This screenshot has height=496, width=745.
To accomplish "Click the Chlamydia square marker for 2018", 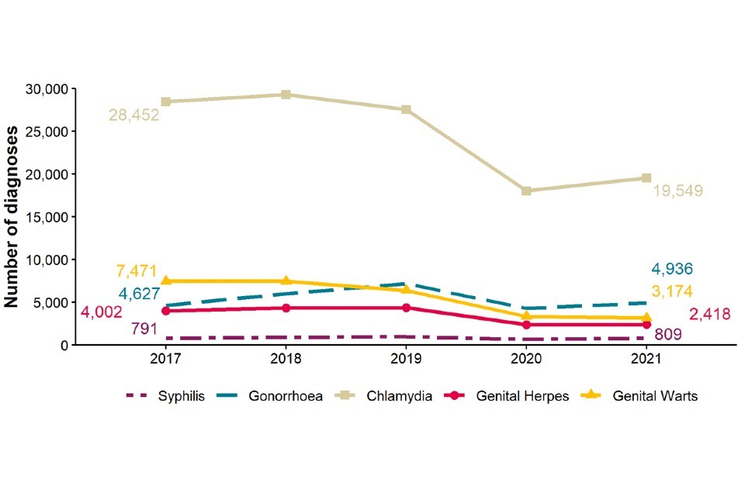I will point(286,95).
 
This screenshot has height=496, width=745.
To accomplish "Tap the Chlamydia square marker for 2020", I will point(526,191).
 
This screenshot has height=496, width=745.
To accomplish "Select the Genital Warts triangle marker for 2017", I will point(166,281).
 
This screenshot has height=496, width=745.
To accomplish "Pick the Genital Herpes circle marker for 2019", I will point(406,308).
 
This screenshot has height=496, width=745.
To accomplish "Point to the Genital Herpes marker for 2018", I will point(286,308).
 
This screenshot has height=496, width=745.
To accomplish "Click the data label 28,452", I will point(133,115).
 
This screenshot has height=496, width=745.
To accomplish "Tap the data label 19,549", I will point(677,191).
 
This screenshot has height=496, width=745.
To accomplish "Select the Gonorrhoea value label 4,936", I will point(672,270).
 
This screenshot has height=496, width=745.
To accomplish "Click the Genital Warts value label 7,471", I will point(137,272).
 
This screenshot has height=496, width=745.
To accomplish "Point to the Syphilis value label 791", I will point(144,329).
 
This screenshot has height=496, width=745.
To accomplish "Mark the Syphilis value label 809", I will point(668,335).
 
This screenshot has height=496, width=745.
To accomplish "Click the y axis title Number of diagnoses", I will point(13,216).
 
